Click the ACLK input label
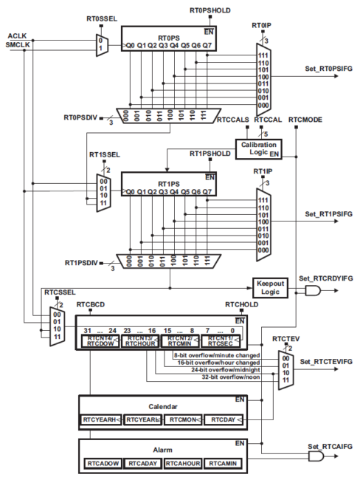click(x=17, y=35)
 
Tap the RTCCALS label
click(x=235, y=118)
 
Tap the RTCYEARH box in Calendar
click(x=100, y=419)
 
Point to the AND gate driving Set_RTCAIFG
click(x=316, y=457)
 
